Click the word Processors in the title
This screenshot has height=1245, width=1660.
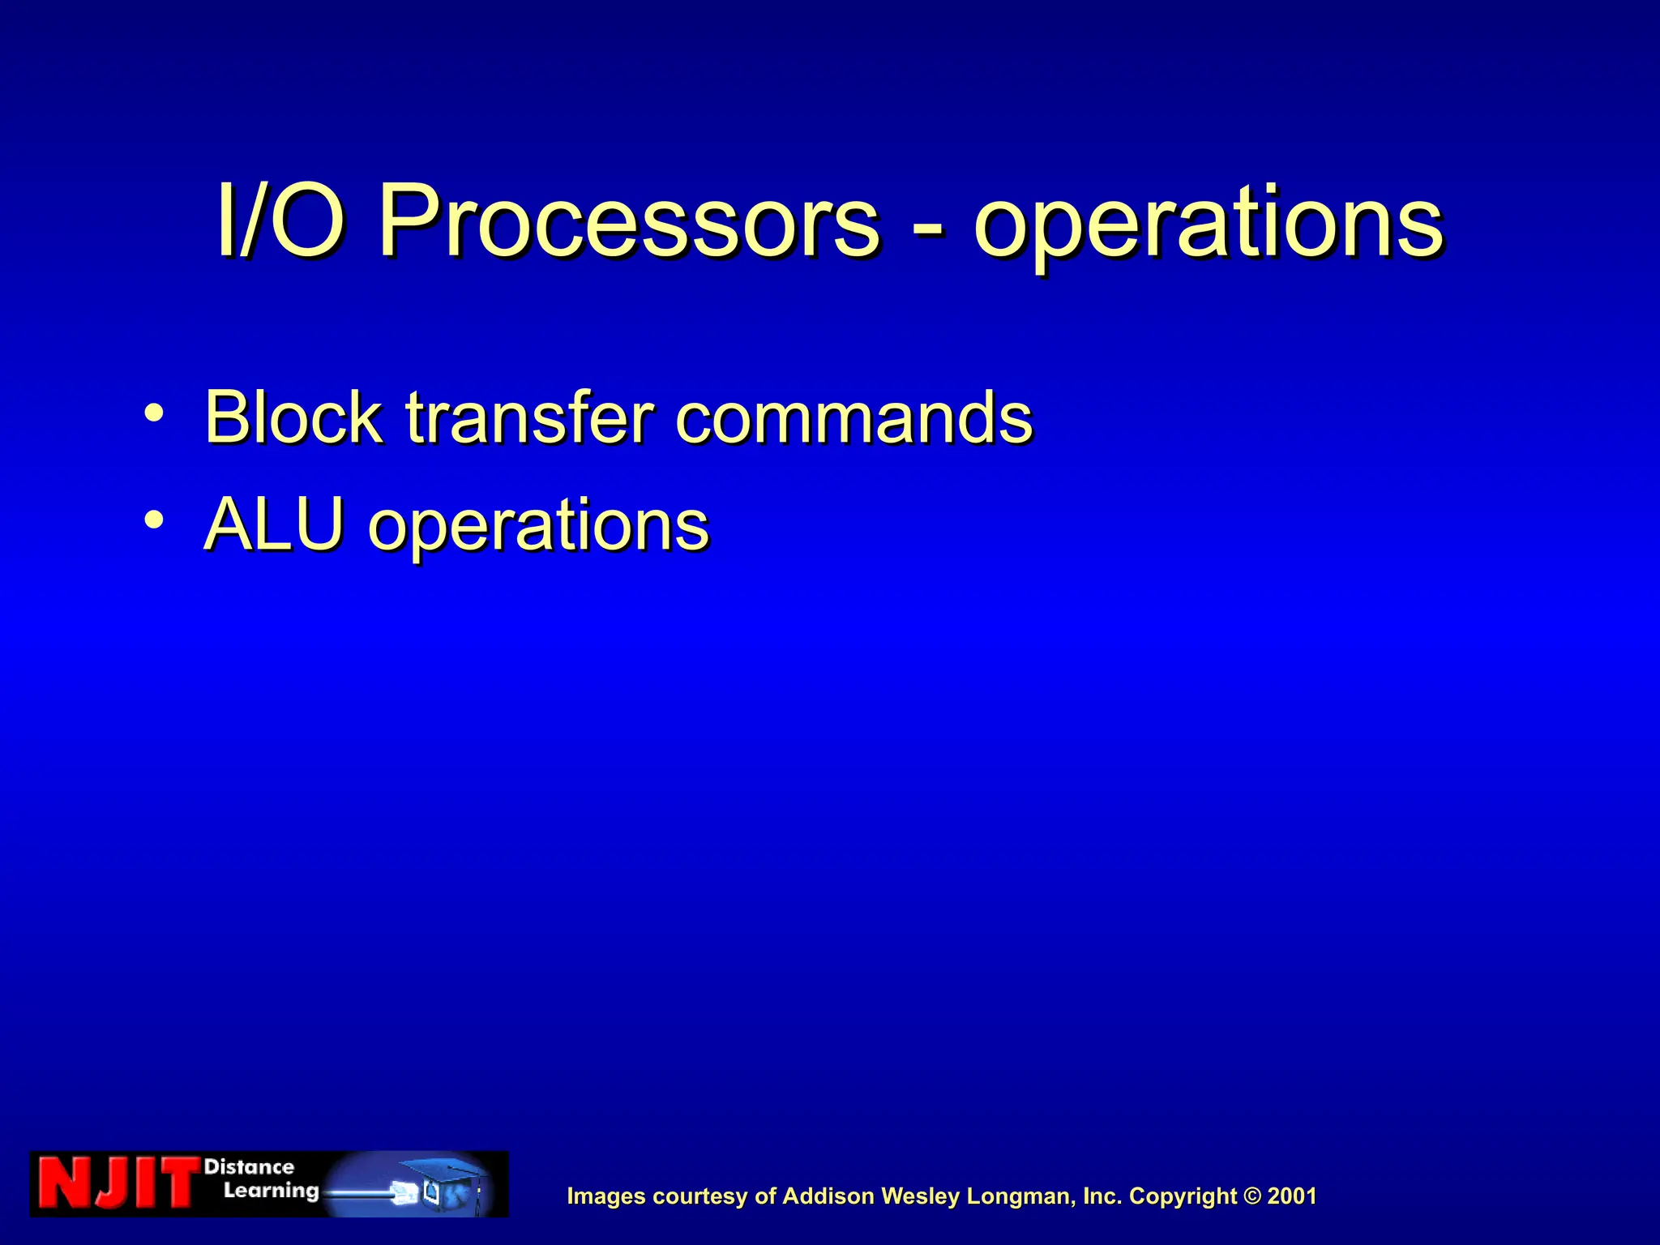tap(628, 221)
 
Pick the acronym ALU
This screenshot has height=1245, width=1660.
tap(274, 524)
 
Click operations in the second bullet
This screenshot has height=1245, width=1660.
tap(538, 527)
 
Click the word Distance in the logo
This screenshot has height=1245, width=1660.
tap(249, 1167)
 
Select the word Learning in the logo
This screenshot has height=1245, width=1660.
tap(271, 1191)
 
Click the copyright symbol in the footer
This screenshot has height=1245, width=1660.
tap(1252, 1196)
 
